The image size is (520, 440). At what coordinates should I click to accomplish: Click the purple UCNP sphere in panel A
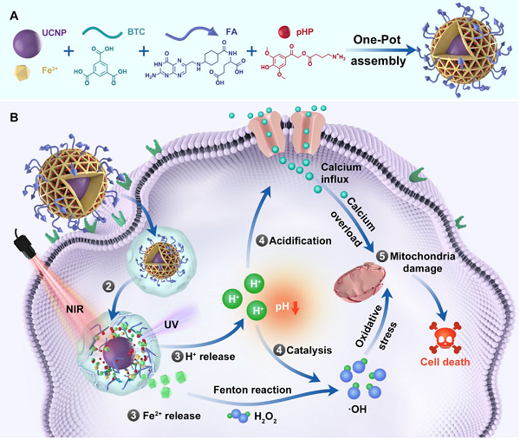point(28,44)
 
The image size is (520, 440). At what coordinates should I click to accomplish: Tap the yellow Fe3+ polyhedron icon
point(23,73)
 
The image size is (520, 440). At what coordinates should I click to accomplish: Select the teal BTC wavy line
point(102,32)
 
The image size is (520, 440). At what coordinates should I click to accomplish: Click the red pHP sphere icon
point(284,32)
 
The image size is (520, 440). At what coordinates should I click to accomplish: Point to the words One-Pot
point(377,40)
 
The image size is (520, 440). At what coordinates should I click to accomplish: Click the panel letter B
point(14,117)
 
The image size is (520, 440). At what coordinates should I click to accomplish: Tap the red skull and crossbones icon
point(445,338)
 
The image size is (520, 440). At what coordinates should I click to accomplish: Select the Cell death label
point(445,362)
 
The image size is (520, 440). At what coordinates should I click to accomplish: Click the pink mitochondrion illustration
point(361,282)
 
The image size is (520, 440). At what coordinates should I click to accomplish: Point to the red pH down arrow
point(296,308)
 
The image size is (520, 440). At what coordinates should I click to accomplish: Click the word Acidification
point(300,240)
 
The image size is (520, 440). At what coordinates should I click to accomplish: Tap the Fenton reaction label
point(252,390)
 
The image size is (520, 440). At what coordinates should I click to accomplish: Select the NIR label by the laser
point(75,310)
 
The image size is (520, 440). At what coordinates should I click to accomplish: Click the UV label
point(172,325)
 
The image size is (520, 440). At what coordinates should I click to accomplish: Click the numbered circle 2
point(108,286)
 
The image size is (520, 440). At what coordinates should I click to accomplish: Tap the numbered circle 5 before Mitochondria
point(382,256)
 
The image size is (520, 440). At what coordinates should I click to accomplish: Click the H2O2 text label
point(265,417)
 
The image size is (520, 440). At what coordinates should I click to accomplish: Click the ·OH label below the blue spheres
point(357,410)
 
